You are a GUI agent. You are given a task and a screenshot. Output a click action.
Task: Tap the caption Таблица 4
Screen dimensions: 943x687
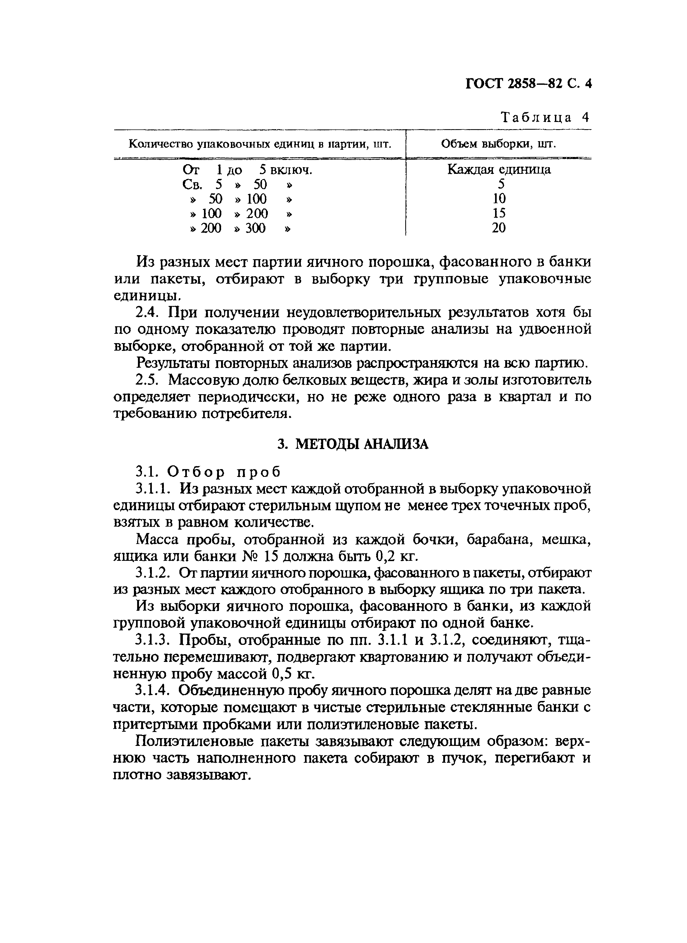[x=545, y=117]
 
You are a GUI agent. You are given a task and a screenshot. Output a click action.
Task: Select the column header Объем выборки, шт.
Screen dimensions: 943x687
[x=498, y=144]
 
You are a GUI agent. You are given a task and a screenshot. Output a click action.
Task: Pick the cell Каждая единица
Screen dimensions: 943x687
[x=499, y=169]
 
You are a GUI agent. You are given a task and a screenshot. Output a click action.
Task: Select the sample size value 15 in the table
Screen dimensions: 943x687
[x=499, y=213]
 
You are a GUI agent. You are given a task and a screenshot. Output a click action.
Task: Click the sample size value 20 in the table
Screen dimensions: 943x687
[x=499, y=228]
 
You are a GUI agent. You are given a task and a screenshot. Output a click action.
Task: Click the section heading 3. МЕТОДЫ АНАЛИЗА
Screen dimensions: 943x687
[x=353, y=444]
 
